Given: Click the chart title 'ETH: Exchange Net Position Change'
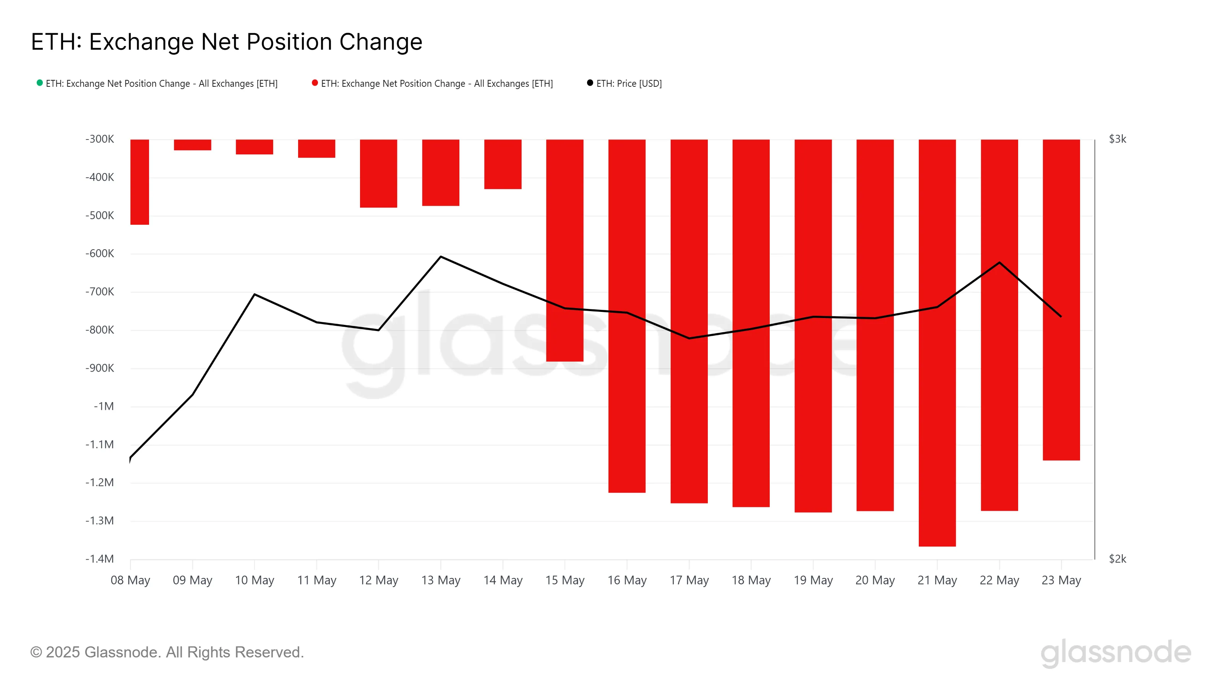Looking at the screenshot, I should tap(227, 42).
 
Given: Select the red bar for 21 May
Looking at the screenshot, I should tap(937, 342).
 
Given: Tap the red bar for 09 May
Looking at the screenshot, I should tap(192, 145).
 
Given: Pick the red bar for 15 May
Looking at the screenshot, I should tap(564, 250).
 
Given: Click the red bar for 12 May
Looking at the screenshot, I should tap(378, 173).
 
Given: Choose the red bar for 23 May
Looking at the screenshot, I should tap(1061, 299).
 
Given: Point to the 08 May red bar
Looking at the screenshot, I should tap(139, 182).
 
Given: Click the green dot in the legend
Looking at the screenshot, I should tap(40, 83).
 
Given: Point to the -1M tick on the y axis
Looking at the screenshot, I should tap(104, 406).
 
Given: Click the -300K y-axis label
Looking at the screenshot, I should tap(100, 139).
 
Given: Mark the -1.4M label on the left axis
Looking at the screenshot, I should tap(100, 559).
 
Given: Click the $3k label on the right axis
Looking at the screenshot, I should tap(1117, 139).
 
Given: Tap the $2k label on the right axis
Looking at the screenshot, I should tap(1117, 559).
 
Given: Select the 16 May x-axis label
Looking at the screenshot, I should tap(627, 580).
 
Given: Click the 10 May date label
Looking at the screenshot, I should tap(255, 580).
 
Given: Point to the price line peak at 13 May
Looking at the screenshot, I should tap(441, 257).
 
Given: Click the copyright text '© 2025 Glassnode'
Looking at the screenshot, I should tap(167, 652).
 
